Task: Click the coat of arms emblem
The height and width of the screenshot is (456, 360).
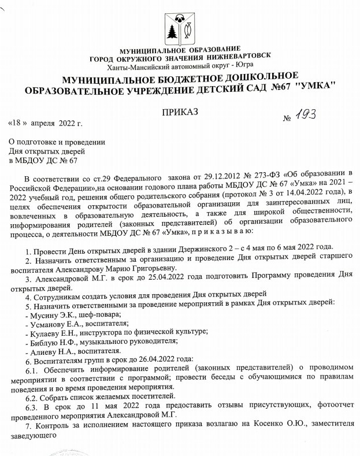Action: tap(179, 27)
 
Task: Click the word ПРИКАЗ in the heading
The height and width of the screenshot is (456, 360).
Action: tap(180, 111)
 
